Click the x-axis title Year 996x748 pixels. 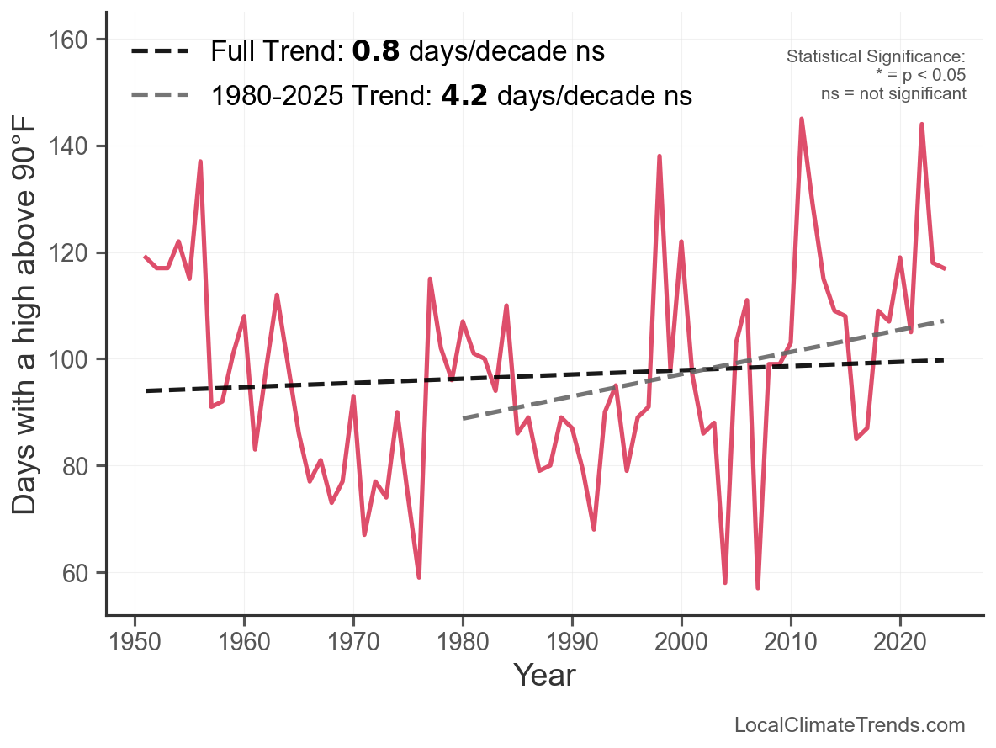click(544, 675)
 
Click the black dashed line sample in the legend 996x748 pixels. click(160, 52)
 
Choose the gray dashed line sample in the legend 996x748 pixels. click(160, 96)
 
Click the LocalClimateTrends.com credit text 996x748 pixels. click(850, 725)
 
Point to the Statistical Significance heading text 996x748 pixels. click(875, 57)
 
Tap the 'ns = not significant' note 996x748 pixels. click(893, 93)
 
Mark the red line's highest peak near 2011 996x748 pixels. click(801, 119)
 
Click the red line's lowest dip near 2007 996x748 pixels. click(758, 587)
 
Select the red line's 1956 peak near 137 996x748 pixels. click(200, 162)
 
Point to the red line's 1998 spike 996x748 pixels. click(660, 156)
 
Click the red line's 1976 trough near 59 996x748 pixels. click(419, 577)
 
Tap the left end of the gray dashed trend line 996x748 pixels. click(464, 418)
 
